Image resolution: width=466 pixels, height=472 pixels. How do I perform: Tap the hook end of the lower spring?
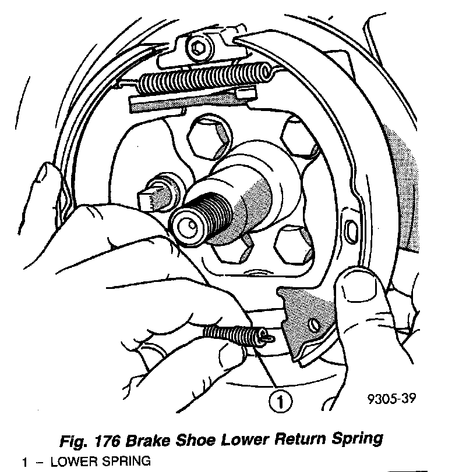coord(267,336)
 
